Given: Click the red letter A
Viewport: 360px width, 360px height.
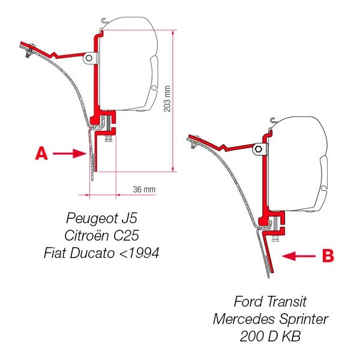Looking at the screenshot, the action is point(41,154).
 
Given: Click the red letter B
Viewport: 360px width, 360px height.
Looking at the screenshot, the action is point(328,256).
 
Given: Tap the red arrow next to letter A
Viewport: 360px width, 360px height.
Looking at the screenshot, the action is point(70,154).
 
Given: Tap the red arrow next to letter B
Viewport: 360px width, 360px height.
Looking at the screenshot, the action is point(299,256).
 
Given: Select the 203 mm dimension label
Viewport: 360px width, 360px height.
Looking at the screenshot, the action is point(167,99).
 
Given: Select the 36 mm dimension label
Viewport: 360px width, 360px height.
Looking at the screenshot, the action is point(144,190).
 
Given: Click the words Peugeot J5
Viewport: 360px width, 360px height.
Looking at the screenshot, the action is point(102,218).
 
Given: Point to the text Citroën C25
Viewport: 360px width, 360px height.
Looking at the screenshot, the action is point(101,235).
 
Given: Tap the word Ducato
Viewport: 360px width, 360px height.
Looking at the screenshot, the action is point(92,253).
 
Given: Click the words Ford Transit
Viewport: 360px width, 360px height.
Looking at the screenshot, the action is point(270,301).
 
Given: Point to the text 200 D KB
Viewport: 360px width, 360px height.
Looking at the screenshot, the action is point(270,337).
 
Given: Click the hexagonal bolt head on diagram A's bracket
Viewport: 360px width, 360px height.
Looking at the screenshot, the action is point(89,58).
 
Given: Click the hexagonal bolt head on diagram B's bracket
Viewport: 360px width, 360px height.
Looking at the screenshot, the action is point(259,149).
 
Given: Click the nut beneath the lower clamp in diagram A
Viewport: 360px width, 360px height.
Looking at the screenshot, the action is point(108,139).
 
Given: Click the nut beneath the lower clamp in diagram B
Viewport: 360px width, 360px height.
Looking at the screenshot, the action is point(275,239).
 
